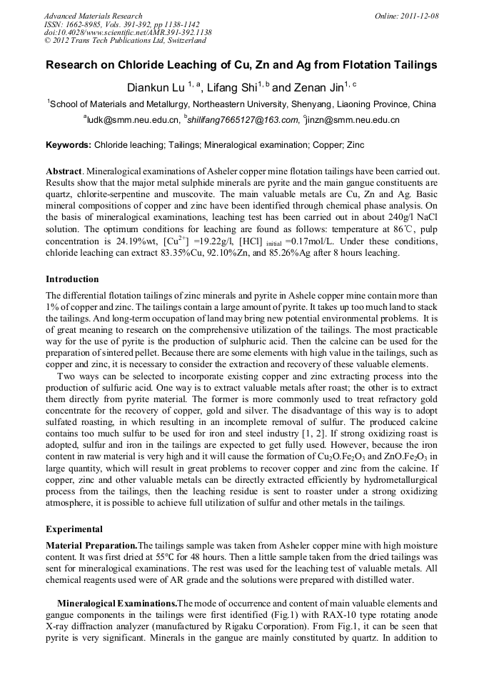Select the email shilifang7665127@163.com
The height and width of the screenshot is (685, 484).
[238, 120]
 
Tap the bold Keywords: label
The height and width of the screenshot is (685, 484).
[69, 145]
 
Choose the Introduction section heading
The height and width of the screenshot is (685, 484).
[72, 279]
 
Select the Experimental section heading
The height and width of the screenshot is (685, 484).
[74, 529]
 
